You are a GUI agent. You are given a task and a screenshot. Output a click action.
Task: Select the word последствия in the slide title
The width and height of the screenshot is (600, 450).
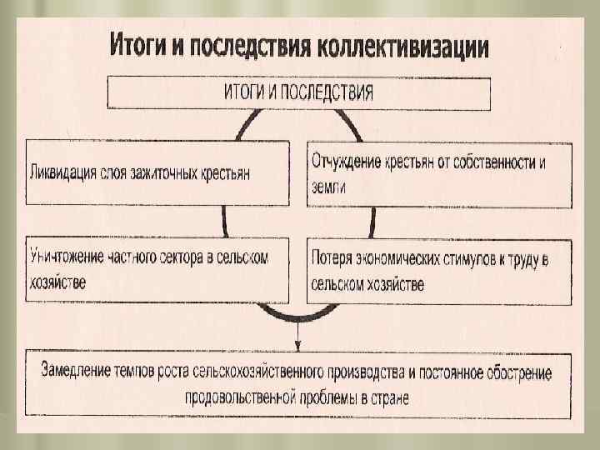[249, 46]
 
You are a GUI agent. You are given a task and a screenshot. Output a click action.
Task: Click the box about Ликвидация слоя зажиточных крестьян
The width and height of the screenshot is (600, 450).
[157, 173]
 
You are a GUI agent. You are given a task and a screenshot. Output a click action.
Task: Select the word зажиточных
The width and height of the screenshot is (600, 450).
[175, 173]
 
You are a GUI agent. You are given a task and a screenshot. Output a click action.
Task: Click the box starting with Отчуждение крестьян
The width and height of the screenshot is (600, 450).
[440, 174]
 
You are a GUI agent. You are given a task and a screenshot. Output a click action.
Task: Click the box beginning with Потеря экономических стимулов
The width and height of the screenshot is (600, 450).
[440, 271]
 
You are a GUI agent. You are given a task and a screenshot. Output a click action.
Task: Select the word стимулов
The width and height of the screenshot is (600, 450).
[464, 259]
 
